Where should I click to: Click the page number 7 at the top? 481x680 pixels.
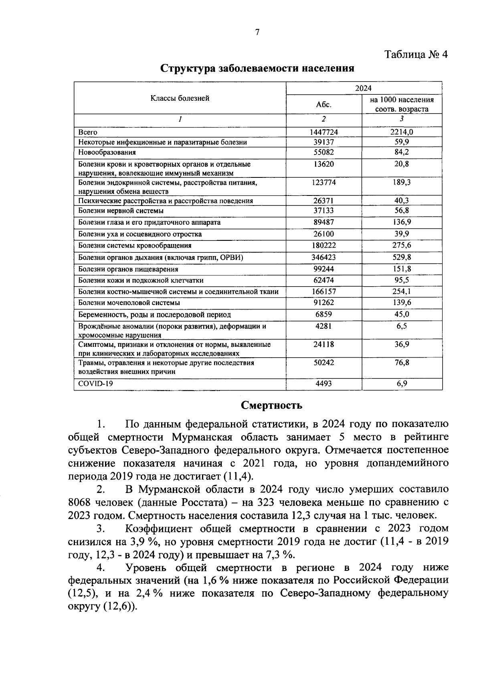click(257, 33)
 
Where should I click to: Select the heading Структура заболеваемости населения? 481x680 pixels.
click(257, 68)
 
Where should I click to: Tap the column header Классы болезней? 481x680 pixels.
click(180, 98)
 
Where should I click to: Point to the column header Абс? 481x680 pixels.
click(323, 104)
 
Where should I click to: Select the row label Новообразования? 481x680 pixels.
click(107, 153)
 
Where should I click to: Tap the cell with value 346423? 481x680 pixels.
click(323, 257)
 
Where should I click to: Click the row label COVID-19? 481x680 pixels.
click(96, 384)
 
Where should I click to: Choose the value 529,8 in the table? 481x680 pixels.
click(402, 257)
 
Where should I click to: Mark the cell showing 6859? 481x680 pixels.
click(323, 315)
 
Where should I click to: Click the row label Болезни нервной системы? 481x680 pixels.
click(121, 211)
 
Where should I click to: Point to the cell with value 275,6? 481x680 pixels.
click(402, 245)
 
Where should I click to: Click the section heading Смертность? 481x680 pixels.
click(271, 405)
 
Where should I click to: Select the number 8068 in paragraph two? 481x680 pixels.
click(83, 503)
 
